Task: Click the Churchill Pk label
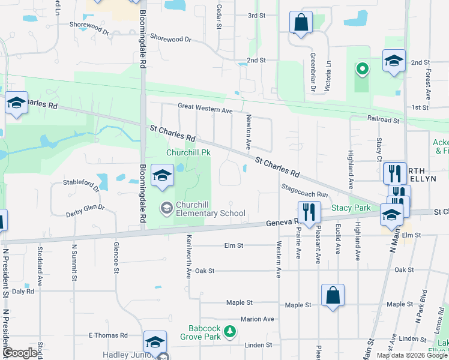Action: click(x=188, y=152)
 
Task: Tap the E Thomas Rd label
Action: click(x=108, y=335)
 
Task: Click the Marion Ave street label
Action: click(x=257, y=319)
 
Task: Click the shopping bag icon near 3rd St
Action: click(x=301, y=22)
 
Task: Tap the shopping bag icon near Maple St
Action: click(x=333, y=295)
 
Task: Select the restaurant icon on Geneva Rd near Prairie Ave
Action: click(x=309, y=212)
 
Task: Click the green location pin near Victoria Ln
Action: click(x=361, y=69)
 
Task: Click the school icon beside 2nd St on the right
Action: click(x=394, y=60)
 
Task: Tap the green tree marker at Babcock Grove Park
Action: click(x=229, y=331)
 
